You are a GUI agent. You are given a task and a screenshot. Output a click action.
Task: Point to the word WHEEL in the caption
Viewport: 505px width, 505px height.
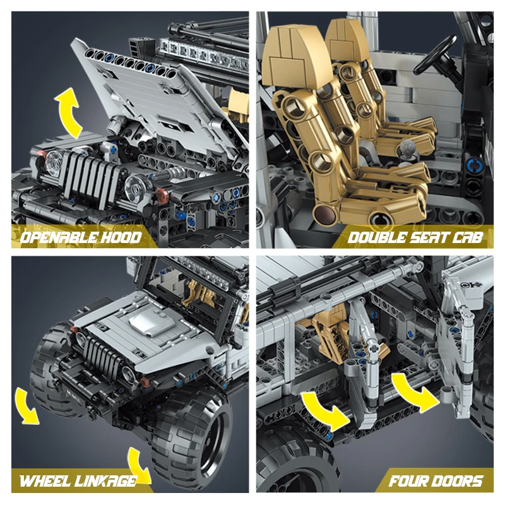pos(45,481)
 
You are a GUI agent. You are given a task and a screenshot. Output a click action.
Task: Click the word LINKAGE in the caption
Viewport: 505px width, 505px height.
pos(106,481)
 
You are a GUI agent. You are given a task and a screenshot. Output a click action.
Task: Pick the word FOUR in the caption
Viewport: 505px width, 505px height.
pos(407,481)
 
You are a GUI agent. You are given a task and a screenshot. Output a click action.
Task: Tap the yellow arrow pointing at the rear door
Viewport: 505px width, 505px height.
pos(325,411)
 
